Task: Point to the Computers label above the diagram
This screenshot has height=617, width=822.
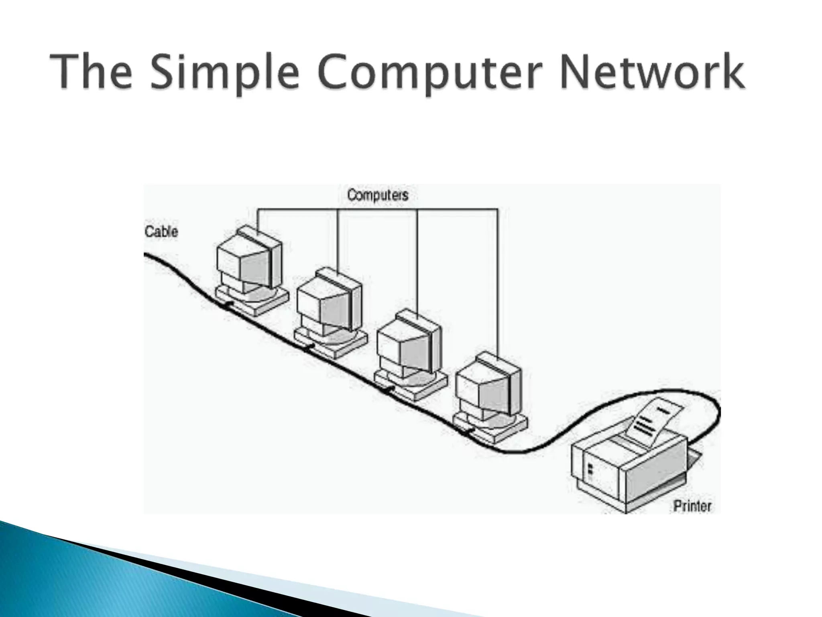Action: point(377,196)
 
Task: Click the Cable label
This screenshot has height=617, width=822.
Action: point(161,232)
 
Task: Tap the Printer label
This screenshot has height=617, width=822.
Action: point(692,506)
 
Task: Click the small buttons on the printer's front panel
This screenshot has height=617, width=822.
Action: point(590,472)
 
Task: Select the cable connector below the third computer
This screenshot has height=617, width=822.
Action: point(388,389)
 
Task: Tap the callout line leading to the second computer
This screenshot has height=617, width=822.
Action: point(338,241)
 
